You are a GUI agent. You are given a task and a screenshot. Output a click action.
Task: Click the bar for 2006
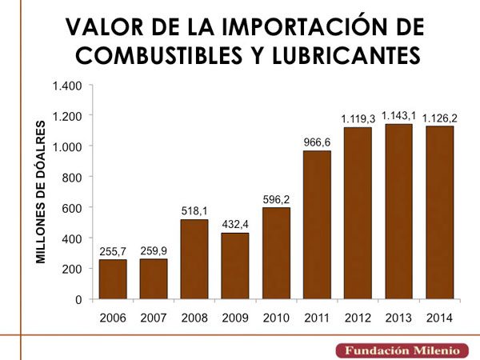point(113,279)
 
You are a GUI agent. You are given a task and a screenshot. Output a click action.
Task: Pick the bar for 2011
point(317,225)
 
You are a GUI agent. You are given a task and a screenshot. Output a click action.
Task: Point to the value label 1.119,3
point(358,119)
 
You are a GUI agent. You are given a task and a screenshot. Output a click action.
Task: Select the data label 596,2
point(276,199)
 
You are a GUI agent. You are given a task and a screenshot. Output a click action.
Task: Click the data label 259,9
point(154,250)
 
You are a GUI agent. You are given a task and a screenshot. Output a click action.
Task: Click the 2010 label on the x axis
point(276,318)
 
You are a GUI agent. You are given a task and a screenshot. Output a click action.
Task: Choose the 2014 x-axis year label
point(438,318)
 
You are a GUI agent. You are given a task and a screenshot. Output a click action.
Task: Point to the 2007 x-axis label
point(154,318)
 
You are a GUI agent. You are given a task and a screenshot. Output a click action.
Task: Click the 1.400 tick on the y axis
point(67,86)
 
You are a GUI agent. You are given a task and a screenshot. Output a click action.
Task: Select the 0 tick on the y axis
point(79,299)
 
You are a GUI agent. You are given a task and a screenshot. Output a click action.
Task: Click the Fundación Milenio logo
point(402,350)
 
